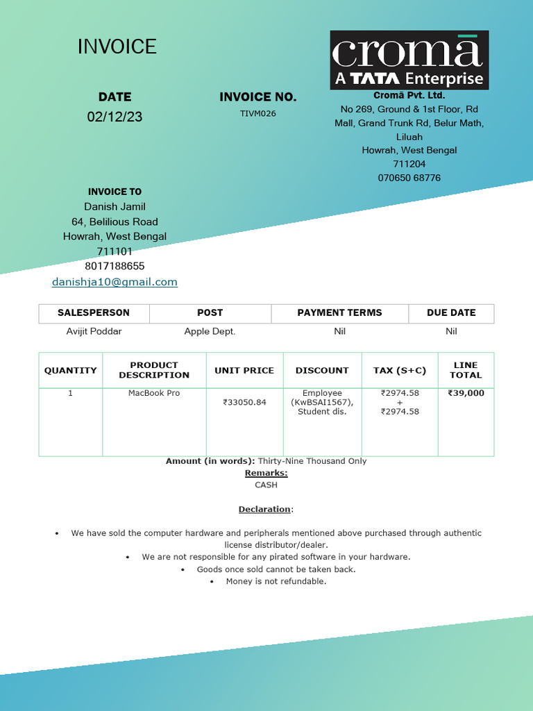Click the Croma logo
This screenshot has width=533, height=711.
[x=409, y=60]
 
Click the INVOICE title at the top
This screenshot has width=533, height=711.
[x=117, y=47]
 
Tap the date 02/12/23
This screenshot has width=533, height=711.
[x=115, y=117]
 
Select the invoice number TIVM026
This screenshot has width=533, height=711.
[x=257, y=113]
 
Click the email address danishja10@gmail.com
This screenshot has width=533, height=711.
[x=115, y=282]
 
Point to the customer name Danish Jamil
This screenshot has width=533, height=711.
[x=115, y=206]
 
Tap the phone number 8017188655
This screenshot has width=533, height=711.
[x=115, y=266]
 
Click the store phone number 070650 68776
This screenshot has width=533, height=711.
[x=409, y=178]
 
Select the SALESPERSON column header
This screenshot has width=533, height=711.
[x=94, y=312]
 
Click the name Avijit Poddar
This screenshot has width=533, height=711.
[x=94, y=331]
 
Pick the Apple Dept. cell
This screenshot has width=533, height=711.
[x=210, y=331]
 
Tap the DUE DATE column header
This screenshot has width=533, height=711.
[x=451, y=312]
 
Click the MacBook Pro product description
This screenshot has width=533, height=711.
[x=154, y=393]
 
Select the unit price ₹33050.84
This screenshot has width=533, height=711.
[x=244, y=402]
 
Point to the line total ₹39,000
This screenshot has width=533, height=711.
[x=466, y=393]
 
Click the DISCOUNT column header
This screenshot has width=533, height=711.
[x=322, y=370]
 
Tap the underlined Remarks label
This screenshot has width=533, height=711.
[x=266, y=473]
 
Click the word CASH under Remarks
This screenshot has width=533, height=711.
[x=266, y=485]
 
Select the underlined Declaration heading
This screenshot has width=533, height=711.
[x=264, y=509]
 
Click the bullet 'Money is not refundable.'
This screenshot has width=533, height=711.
[x=276, y=581]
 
